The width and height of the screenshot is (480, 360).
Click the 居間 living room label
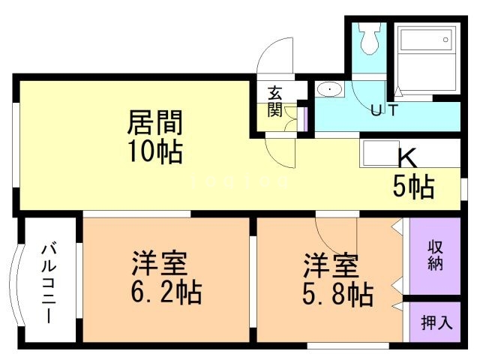point(155,121)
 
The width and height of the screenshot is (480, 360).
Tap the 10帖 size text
point(156,151)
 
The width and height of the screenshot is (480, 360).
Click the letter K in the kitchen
point(406,158)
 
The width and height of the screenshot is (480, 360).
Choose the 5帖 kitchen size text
point(413,187)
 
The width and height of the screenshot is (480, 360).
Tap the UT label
point(384,111)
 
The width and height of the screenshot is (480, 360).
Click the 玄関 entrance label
point(274,102)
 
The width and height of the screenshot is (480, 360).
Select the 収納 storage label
point(435,255)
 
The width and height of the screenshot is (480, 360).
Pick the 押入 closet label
point(436,323)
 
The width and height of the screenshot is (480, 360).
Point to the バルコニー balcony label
point(47,281)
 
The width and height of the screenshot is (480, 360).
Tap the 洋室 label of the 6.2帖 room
point(159,264)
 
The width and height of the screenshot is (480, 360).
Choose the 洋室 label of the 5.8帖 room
point(331,264)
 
